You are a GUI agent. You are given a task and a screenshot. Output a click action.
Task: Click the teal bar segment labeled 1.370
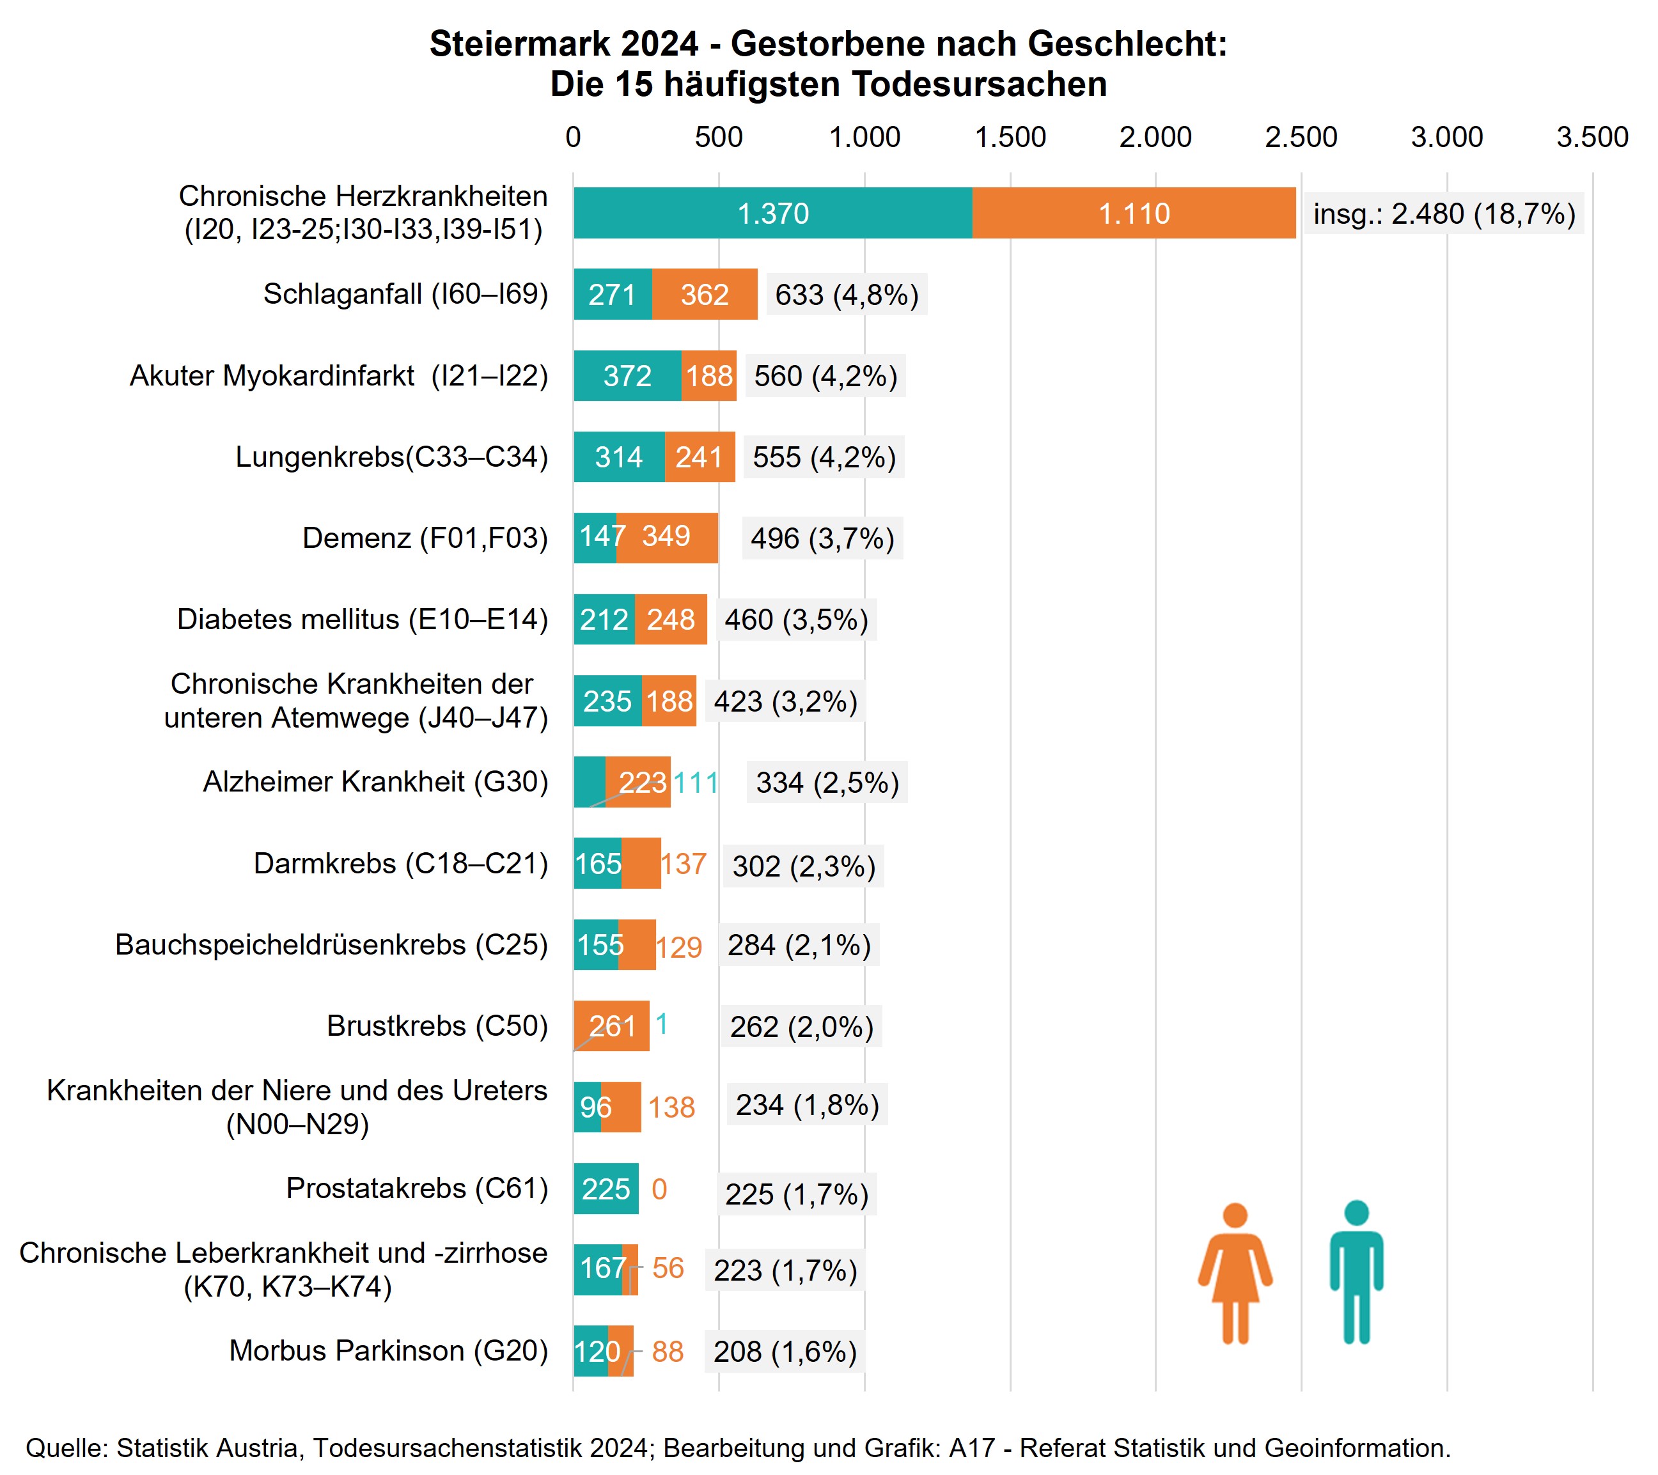point(772,214)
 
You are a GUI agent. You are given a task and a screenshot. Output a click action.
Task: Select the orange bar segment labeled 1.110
point(1133,214)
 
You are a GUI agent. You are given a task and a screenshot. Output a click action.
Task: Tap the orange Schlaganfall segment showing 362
point(704,294)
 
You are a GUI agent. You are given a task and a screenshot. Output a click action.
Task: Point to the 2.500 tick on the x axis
point(1301,137)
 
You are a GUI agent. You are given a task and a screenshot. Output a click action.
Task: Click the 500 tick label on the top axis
point(718,137)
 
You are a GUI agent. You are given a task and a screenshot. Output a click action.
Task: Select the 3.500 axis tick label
point(1592,137)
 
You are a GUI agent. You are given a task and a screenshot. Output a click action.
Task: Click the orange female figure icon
point(1235,1273)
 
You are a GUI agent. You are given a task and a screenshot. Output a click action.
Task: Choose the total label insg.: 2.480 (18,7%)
point(1444,214)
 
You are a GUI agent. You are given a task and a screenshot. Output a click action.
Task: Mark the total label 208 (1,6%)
point(785,1352)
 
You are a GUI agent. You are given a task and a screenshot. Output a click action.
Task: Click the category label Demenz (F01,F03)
point(425,538)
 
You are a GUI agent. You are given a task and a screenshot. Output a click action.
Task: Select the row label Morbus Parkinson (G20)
point(389,1351)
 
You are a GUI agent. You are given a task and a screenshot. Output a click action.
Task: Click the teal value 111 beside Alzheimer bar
point(696,783)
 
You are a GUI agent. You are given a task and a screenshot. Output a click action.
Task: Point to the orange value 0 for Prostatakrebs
point(659,1189)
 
